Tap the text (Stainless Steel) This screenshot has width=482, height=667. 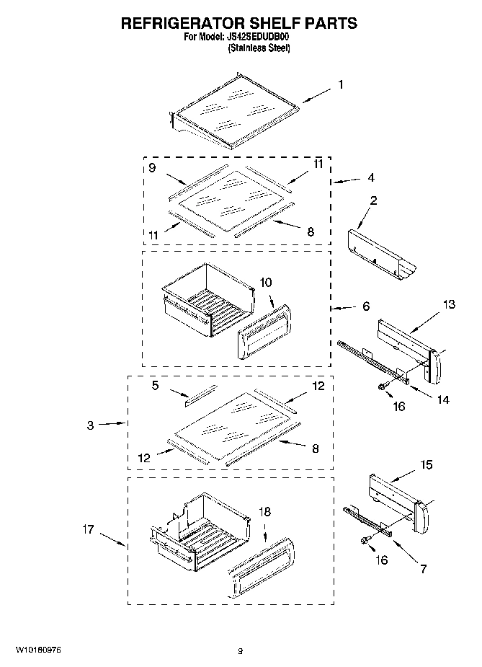point(259,48)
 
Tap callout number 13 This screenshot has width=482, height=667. point(448,305)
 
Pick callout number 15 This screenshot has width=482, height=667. point(427,465)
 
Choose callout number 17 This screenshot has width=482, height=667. point(88,530)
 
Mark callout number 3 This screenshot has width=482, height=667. point(90,425)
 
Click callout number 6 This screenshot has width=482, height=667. point(366,306)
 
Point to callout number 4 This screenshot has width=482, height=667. point(370,177)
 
